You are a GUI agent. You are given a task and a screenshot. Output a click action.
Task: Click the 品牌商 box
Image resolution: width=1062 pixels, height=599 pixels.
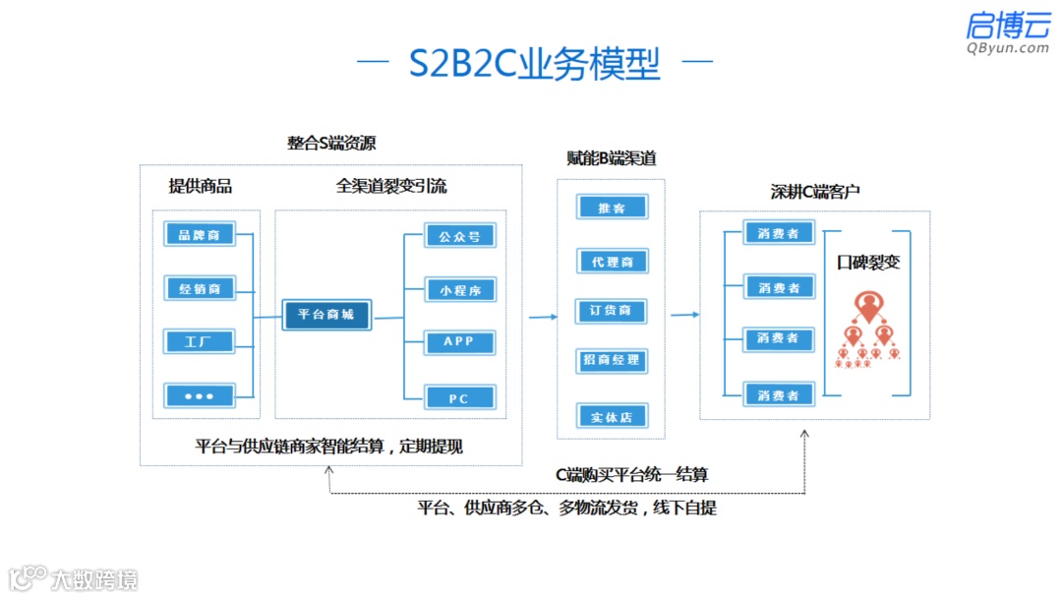click(x=200, y=234)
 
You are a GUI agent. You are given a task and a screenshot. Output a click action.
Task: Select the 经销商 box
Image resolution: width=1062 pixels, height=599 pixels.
click(x=200, y=288)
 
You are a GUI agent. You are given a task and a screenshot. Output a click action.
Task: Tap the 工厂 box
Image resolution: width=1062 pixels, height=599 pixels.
click(x=200, y=342)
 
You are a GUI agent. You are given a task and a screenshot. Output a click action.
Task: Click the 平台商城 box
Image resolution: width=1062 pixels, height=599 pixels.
click(x=326, y=315)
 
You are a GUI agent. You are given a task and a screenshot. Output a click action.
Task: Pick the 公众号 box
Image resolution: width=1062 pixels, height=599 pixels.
click(x=459, y=236)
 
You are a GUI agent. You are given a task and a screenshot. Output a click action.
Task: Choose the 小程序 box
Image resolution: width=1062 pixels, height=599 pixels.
click(x=459, y=290)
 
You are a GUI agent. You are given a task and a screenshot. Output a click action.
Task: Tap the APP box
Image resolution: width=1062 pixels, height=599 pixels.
click(x=459, y=342)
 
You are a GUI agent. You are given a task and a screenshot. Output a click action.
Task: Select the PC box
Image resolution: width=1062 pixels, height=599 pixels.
click(x=459, y=398)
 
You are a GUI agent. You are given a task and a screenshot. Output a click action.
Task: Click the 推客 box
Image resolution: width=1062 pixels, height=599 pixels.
click(x=612, y=208)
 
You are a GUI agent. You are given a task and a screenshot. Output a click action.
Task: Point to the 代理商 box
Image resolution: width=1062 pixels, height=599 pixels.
click(x=612, y=262)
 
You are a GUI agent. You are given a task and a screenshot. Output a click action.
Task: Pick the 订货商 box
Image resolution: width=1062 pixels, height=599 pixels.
click(x=612, y=311)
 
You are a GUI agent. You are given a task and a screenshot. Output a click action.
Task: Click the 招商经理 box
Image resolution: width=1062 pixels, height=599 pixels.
click(x=612, y=360)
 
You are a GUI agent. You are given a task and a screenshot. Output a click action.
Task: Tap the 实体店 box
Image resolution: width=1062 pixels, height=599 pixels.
click(x=612, y=416)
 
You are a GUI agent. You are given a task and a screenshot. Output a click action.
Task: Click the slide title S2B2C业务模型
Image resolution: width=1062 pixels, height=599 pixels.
click(x=534, y=64)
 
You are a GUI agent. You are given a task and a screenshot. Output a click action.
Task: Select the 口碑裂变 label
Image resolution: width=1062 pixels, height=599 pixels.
click(x=868, y=263)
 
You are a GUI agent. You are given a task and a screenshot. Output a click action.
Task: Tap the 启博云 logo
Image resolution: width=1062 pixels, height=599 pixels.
click(x=1007, y=31)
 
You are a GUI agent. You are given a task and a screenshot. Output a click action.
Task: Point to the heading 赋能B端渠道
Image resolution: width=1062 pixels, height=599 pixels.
click(x=612, y=158)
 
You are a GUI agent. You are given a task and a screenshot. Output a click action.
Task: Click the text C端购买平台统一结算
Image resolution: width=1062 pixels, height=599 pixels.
click(x=631, y=475)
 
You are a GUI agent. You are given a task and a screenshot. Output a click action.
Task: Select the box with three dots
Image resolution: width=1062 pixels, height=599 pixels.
click(x=200, y=396)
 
